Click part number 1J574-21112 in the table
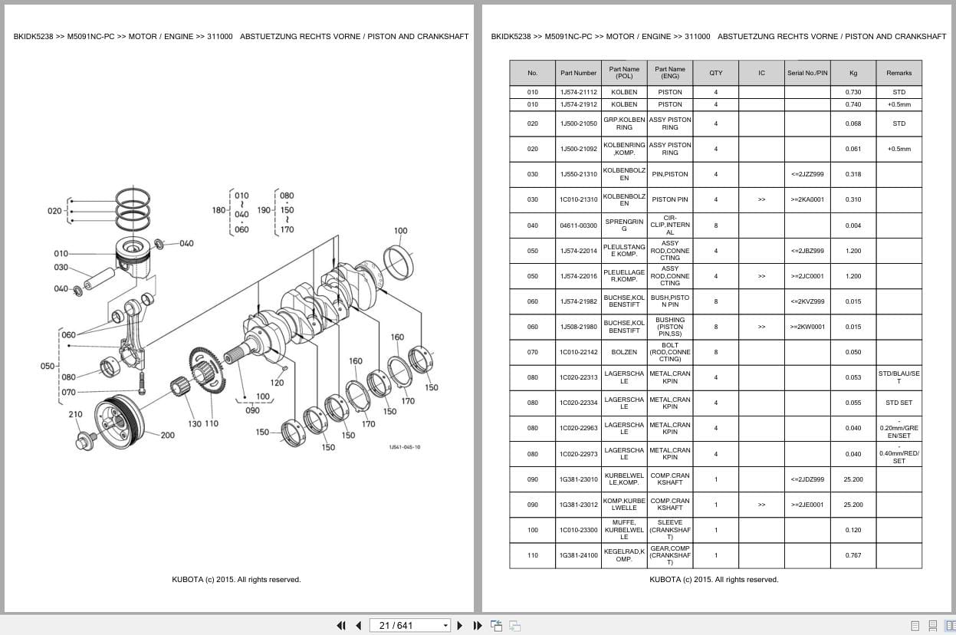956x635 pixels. pyautogui.click(x=578, y=92)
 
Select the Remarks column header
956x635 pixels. pyautogui.click(x=899, y=73)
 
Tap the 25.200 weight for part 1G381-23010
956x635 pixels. pyautogui.click(x=853, y=479)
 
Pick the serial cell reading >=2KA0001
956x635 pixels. pyautogui.click(x=807, y=199)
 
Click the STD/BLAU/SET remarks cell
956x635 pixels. pyautogui.click(x=899, y=377)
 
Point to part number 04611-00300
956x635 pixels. pyautogui.click(x=578, y=225)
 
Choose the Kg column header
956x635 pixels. pyautogui.click(x=853, y=73)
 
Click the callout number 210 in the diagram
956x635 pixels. pyautogui.click(x=76, y=414)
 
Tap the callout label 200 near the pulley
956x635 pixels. pyautogui.click(x=168, y=435)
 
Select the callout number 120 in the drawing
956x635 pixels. pyautogui.click(x=277, y=383)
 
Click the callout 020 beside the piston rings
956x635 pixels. pyautogui.click(x=54, y=211)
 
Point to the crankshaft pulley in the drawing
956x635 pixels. pyautogui.click(x=119, y=421)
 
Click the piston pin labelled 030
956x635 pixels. pyautogui.click(x=100, y=278)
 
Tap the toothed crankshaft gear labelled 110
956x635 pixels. pyautogui.click(x=207, y=370)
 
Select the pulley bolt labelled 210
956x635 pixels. pyautogui.click(x=86, y=440)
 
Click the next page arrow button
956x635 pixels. pyautogui.click(x=460, y=626)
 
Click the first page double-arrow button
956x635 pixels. pyautogui.click(x=341, y=626)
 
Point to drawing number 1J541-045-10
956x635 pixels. pyautogui.click(x=404, y=447)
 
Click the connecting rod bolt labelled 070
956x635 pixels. pyautogui.click(x=142, y=383)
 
